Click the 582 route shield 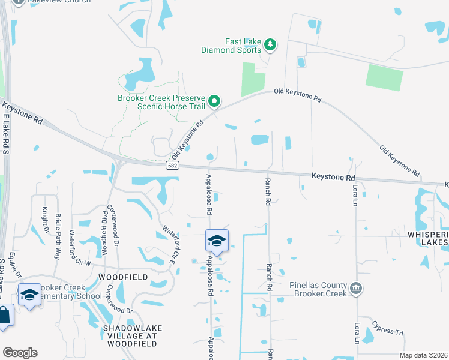pyautogui.click(x=172, y=165)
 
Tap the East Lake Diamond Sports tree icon pyautogui.click(x=271, y=44)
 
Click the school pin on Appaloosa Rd pyautogui.click(x=217, y=241)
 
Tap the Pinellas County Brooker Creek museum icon pyautogui.click(x=357, y=289)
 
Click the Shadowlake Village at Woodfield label pyautogui.click(x=129, y=333)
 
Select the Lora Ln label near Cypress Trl pyautogui.click(x=357, y=333)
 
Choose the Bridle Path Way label pyautogui.click(x=58, y=227)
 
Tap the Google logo pyautogui.click(x=19, y=353)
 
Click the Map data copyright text pyautogui.click(x=423, y=355)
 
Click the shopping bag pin pyautogui.click(x=5, y=317)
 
